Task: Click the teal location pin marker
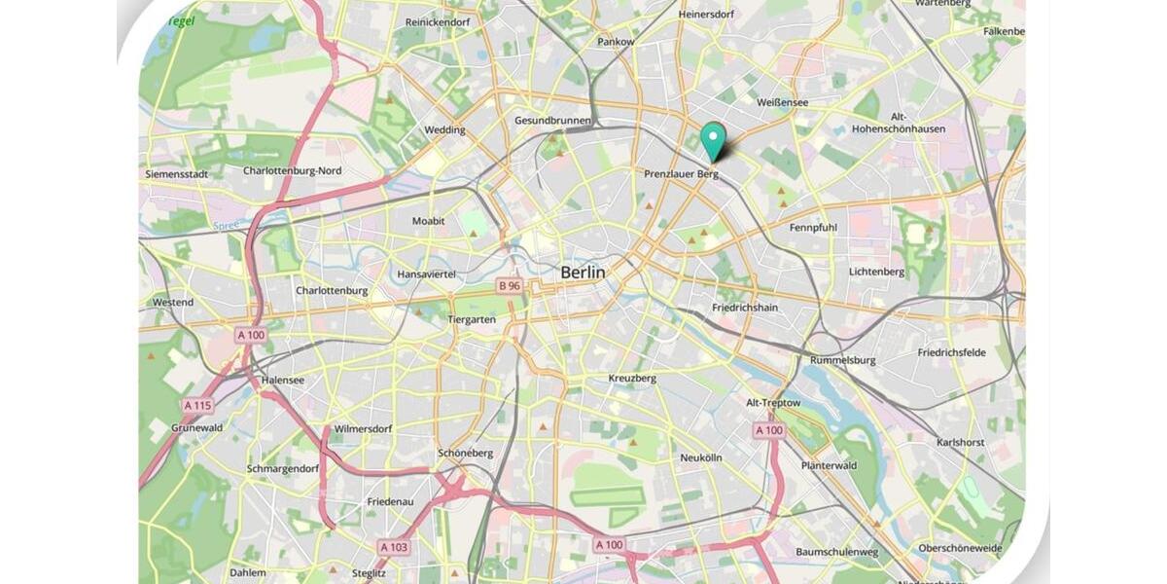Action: [714, 140]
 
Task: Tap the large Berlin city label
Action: [583, 273]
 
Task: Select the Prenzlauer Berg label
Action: [681, 174]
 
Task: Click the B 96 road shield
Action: [510, 285]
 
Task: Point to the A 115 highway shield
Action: [197, 405]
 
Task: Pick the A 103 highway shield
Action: [394, 547]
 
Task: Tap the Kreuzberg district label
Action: [632, 378]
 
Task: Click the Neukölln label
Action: [701, 457]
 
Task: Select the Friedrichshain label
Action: [745, 308]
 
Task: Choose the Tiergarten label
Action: [472, 319]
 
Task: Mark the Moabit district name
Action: [428, 221]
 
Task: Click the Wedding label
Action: [444, 129]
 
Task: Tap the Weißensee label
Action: [781, 102]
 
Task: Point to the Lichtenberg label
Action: [876, 272]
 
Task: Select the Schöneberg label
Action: [465, 454]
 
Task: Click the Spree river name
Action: [226, 226]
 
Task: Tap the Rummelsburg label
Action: [842, 360]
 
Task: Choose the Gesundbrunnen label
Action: [552, 121]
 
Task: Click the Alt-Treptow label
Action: [773, 403]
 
